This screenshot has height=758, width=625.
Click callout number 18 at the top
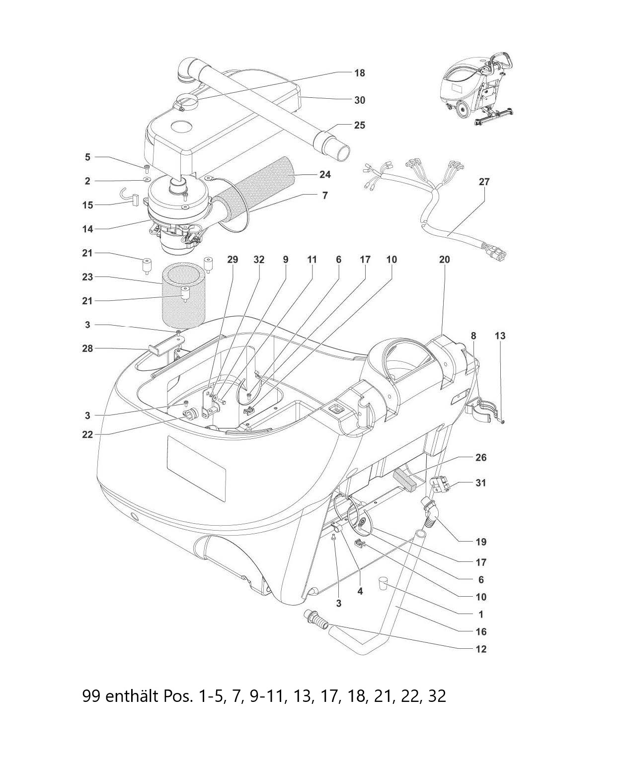click(359, 73)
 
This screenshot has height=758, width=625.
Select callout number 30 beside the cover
click(359, 100)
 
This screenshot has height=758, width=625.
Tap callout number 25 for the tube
click(359, 125)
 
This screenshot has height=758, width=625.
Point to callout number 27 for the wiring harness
click(484, 182)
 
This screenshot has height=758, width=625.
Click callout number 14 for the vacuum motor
click(87, 229)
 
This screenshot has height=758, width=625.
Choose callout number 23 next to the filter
click(87, 277)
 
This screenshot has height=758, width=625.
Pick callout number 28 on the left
click(87, 349)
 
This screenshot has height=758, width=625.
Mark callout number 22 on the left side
click(87, 435)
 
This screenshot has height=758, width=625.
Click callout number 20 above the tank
click(444, 260)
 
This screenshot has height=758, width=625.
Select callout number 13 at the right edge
click(500, 336)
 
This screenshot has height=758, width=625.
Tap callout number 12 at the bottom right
click(480, 649)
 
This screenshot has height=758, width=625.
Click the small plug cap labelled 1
click(382, 582)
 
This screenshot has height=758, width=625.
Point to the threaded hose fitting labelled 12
click(316, 620)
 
